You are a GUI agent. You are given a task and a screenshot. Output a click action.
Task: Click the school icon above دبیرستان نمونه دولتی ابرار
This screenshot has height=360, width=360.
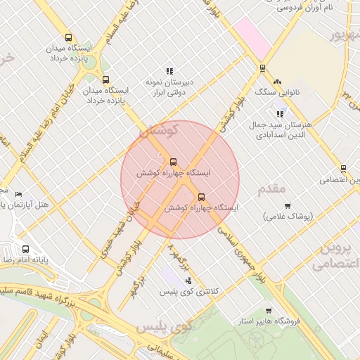click(169, 71)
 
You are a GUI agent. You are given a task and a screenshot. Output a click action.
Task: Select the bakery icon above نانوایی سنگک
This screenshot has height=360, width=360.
click(277, 82)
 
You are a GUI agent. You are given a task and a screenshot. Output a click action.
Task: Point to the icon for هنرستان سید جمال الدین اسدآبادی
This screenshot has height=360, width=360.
click(280, 114)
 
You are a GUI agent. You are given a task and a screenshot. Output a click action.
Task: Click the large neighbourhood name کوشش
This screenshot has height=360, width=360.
click(160, 130)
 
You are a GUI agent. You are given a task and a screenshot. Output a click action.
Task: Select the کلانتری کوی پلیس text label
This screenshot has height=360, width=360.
click(189, 291)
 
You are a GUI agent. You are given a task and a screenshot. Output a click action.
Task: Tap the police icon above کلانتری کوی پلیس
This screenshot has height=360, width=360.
click(188, 281)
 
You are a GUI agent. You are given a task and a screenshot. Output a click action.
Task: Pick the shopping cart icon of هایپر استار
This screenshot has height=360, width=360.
click(269, 311)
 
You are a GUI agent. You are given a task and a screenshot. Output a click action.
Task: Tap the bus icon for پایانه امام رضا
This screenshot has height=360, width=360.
click(26, 249)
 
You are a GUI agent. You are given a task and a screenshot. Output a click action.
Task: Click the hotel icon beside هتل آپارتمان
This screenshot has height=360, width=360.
click(18, 194)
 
